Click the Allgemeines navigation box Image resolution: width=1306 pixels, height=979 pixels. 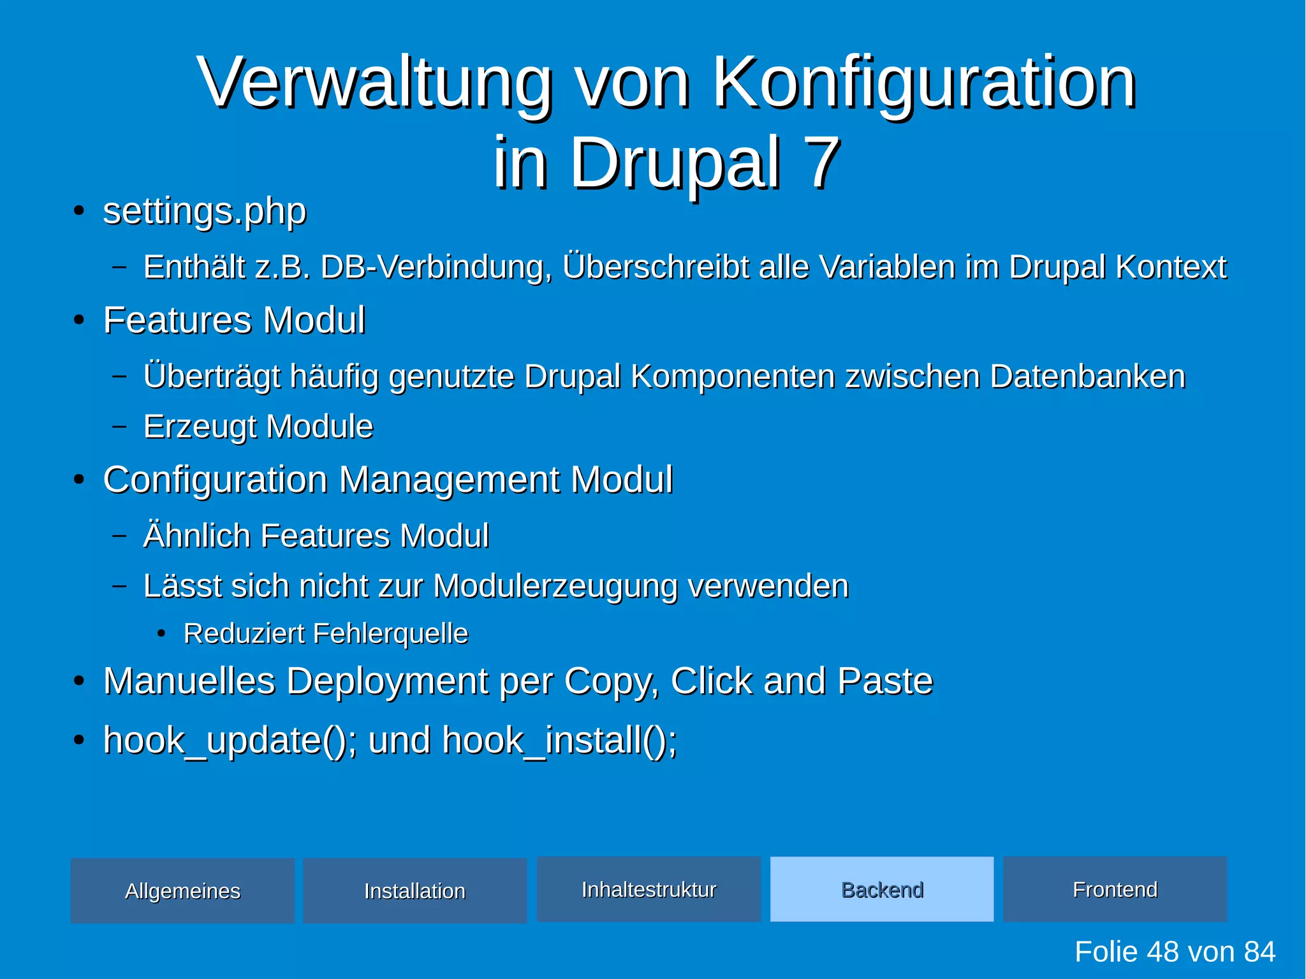[x=182, y=890]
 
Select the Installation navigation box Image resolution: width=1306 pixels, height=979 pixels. [x=415, y=890]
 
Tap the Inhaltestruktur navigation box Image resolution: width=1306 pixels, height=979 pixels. [x=649, y=889]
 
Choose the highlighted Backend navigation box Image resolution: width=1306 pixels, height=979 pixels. [x=882, y=889]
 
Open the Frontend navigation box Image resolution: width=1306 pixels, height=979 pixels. [x=1115, y=889]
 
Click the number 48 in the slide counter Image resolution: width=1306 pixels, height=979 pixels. [x=1164, y=952]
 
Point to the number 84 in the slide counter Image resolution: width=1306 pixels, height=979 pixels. [x=1259, y=952]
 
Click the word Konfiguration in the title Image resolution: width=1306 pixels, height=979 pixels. [x=923, y=83]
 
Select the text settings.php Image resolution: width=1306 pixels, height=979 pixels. [x=205, y=211]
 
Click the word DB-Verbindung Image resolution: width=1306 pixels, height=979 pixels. [x=436, y=267]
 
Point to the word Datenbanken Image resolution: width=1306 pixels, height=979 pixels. [x=1087, y=376]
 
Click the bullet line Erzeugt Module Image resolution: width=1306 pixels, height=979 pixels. [x=258, y=426]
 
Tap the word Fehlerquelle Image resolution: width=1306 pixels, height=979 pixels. [x=390, y=633]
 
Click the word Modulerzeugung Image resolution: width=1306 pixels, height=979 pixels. [x=555, y=585]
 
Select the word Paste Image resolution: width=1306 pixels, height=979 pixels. [x=884, y=681]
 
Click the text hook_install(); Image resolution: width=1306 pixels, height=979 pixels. [x=559, y=740]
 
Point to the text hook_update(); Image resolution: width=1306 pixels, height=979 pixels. [x=230, y=740]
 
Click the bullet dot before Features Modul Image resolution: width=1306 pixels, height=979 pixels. [x=78, y=320]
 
